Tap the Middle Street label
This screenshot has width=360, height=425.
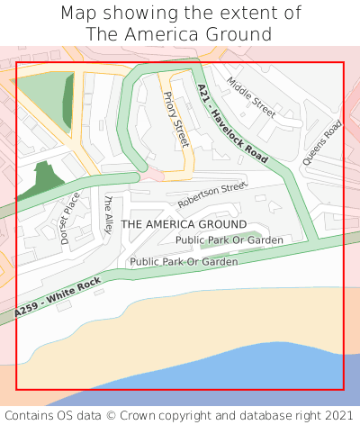pos(251,97)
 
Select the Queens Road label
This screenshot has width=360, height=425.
pos(323,142)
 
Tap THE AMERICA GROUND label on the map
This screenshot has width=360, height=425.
pos(184,223)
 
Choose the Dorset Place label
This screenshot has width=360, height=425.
pos(70,218)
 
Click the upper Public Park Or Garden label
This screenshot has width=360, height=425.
pos(229,240)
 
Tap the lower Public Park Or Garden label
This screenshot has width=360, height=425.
pos(184,262)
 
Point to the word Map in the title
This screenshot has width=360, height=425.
pos(78,14)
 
